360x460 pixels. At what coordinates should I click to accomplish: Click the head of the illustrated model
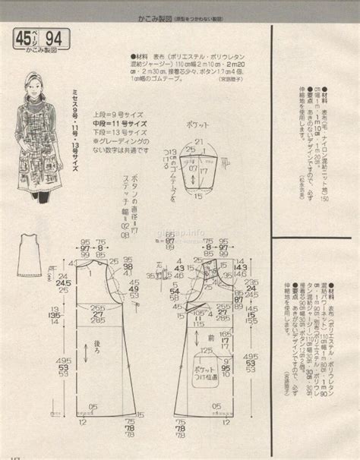click(x=34, y=82)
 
